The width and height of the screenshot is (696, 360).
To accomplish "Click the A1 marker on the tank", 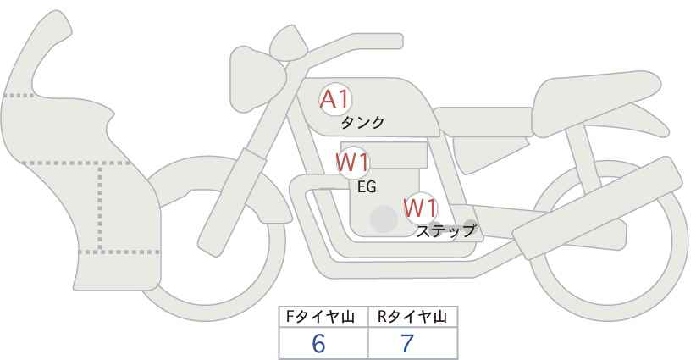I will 335,100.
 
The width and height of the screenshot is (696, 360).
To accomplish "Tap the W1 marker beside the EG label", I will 352,162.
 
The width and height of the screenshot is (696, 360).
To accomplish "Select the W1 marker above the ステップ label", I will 419,208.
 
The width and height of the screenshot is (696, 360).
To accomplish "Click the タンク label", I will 362,123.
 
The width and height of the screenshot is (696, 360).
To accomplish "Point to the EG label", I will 367,186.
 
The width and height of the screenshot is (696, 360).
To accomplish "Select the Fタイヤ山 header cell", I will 324,318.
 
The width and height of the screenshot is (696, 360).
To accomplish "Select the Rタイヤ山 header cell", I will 412,318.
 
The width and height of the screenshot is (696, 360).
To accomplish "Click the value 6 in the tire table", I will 318,344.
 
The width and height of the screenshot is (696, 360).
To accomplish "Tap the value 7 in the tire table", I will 407,344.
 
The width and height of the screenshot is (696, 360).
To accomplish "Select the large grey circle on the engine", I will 384,219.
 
